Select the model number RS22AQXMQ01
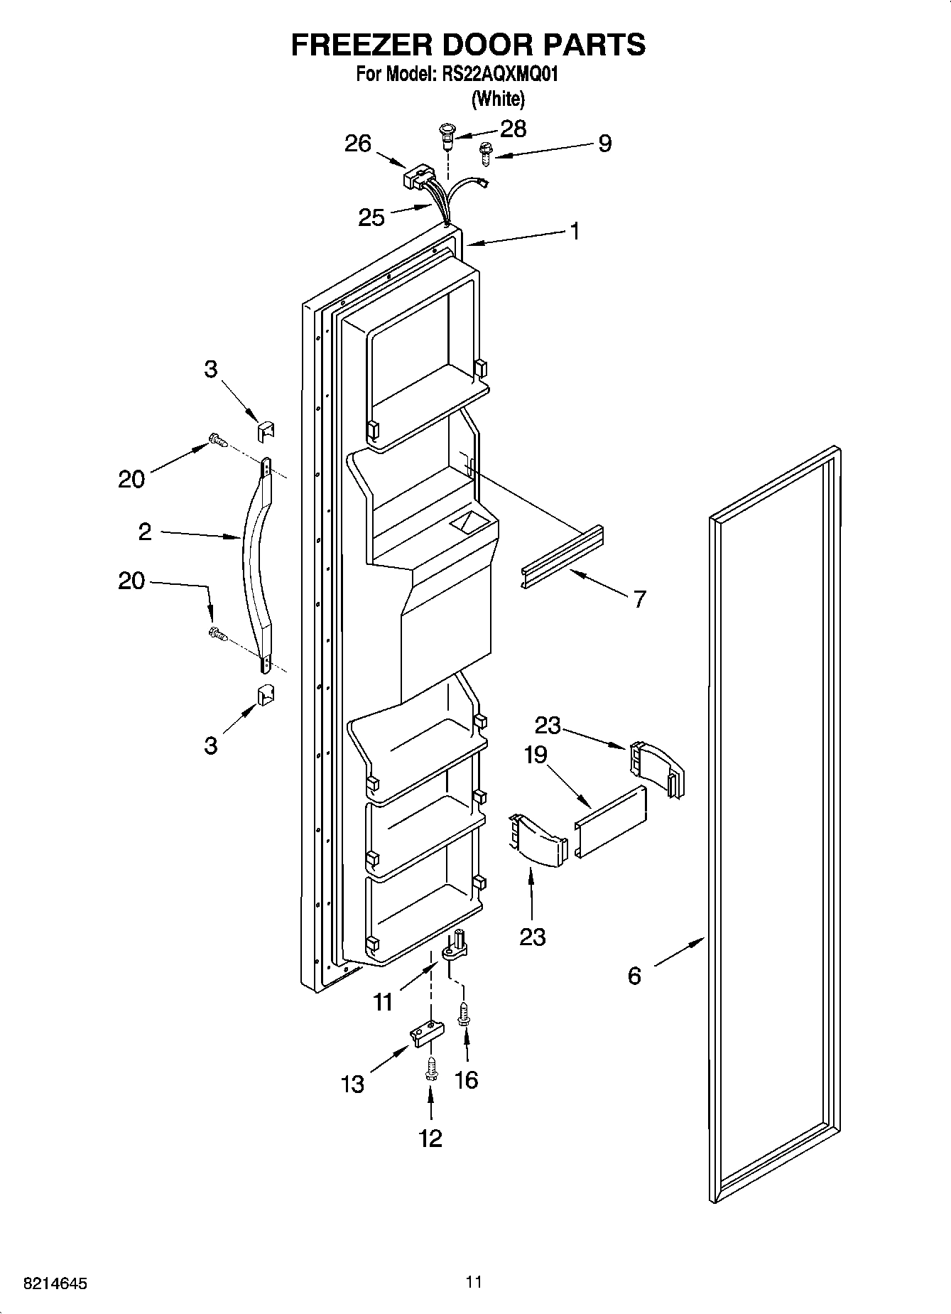(497, 74)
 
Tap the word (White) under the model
(499, 99)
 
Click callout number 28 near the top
(513, 129)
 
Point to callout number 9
(604, 144)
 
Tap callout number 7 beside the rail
(639, 599)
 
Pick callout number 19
(536, 754)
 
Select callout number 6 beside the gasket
(634, 976)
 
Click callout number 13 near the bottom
(352, 1084)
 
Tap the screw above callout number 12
(430, 1068)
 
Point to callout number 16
(466, 1079)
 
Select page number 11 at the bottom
(474, 1281)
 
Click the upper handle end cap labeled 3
(266, 431)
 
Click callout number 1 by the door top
(575, 231)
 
